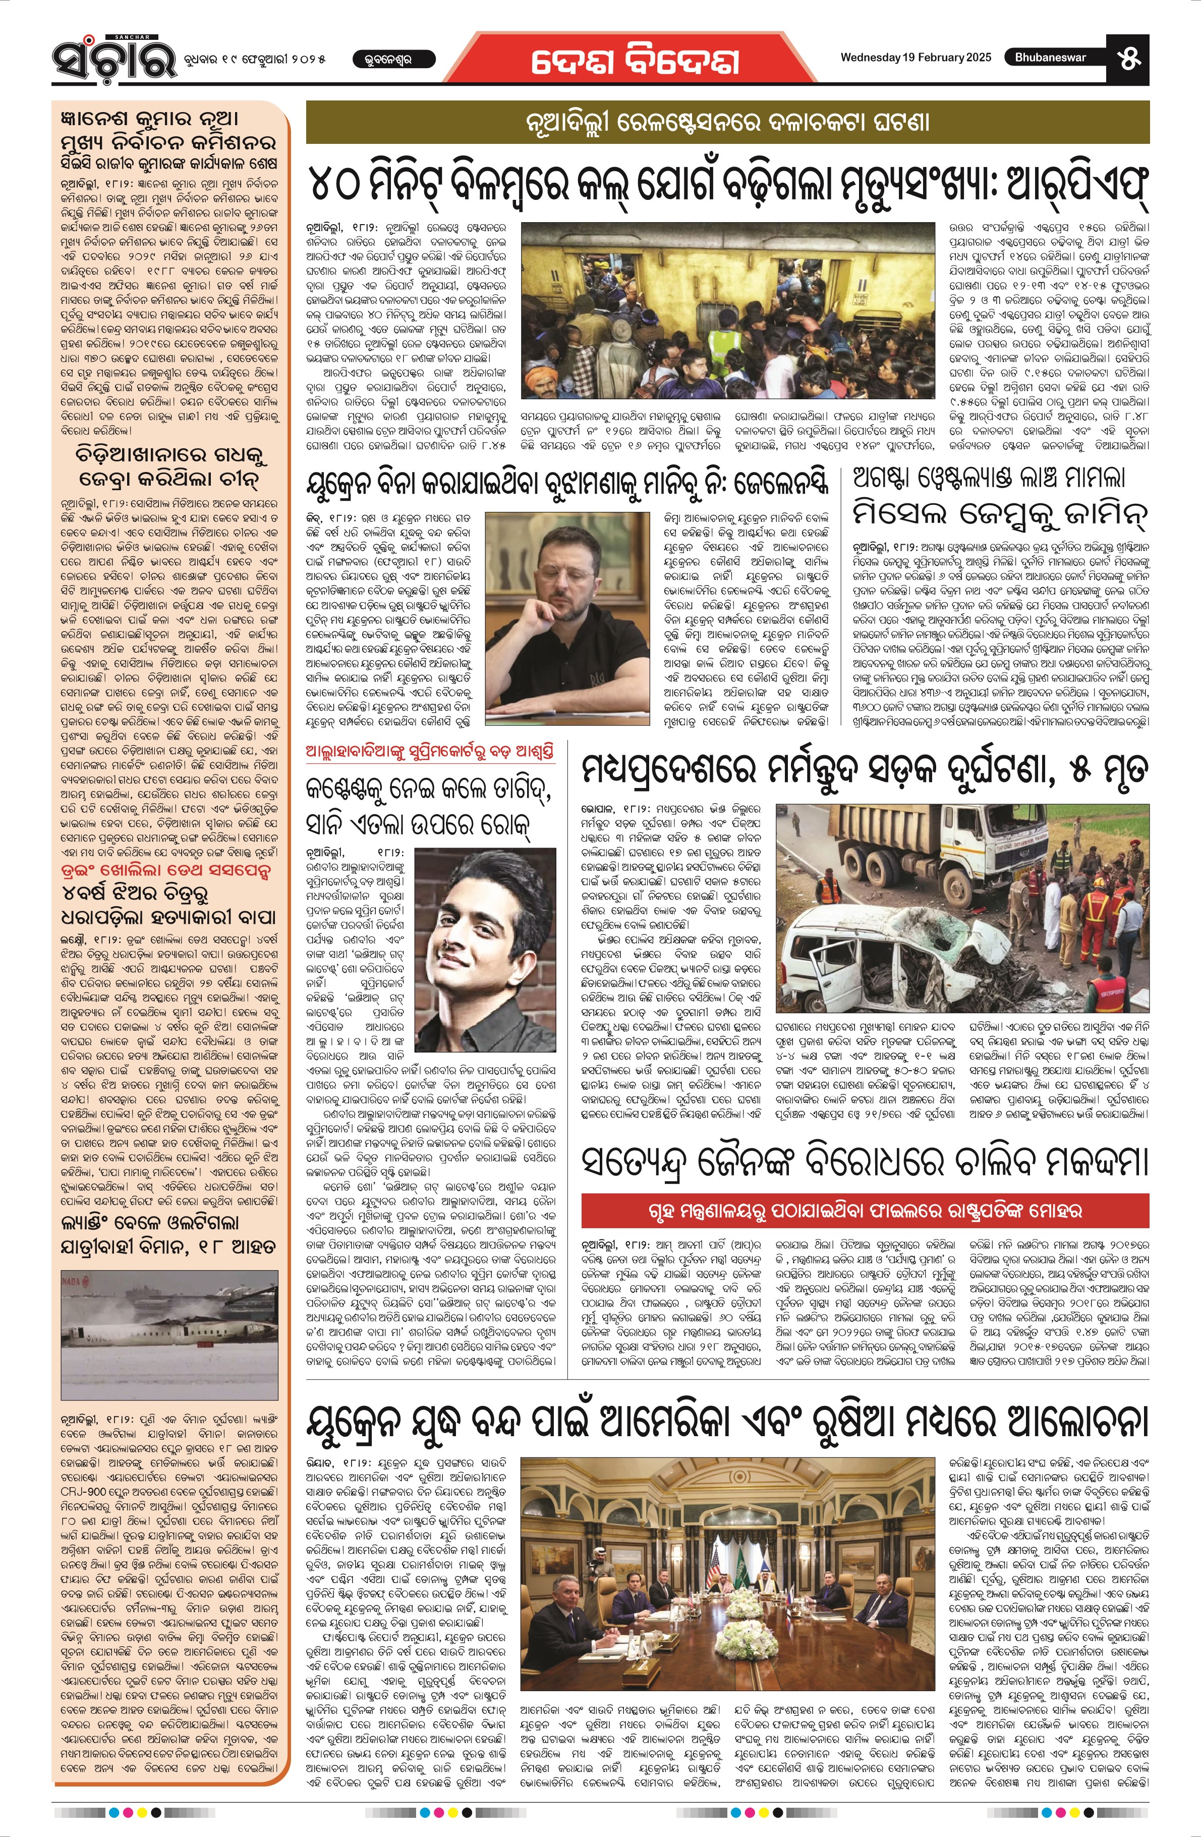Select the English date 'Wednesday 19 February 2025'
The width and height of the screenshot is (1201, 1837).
pyautogui.click(x=916, y=57)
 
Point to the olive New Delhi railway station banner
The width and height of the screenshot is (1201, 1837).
pyautogui.click(x=727, y=123)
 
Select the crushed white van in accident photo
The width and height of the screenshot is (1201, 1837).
pyautogui.click(x=872, y=957)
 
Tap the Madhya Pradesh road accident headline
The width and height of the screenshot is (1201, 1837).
pyautogui.click(x=865, y=769)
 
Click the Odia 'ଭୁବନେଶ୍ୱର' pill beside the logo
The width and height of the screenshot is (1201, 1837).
pyautogui.click(x=393, y=59)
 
